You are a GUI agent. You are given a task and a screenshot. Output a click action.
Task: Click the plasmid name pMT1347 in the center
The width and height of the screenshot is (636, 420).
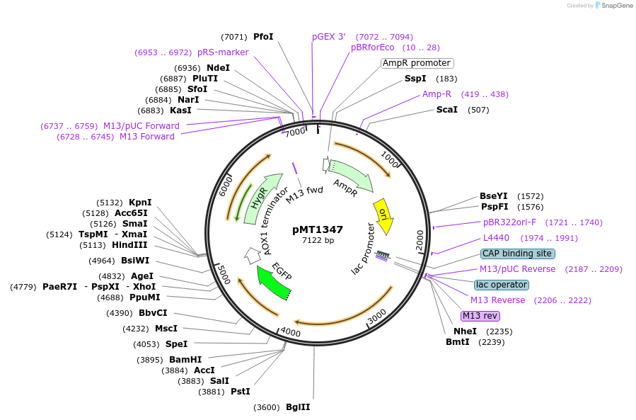(318, 229)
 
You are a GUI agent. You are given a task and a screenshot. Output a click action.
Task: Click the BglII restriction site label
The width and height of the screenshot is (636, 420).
(298, 407)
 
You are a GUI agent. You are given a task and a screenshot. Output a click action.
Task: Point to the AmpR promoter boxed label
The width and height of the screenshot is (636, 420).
(416, 63)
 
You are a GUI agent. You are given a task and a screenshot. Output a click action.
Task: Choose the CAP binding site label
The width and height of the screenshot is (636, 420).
(517, 254)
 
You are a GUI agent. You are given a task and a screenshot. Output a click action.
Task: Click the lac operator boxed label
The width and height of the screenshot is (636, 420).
(501, 285)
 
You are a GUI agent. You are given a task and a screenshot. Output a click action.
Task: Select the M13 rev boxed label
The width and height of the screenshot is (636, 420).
(480, 316)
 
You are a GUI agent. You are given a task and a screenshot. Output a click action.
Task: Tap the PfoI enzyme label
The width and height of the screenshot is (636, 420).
(263, 37)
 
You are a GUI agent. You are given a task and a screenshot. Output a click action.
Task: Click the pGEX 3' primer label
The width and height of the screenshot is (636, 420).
(329, 37)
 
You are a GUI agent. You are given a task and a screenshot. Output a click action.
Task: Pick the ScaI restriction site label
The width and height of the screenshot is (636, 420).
(447, 110)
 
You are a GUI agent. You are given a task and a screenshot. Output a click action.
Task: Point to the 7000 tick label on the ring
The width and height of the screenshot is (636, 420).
(295, 131)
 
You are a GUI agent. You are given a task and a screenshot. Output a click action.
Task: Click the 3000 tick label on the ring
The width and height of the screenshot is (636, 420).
(377, 313)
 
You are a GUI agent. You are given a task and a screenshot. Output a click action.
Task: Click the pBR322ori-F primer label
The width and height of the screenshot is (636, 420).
(509, 222)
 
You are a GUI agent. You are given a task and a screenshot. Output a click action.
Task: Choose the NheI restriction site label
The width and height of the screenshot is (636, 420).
(465, 331)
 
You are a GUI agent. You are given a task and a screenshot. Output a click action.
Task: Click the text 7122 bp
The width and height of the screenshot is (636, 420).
(318, 241)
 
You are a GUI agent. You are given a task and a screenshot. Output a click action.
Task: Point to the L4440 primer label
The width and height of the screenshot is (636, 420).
(496, 238)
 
